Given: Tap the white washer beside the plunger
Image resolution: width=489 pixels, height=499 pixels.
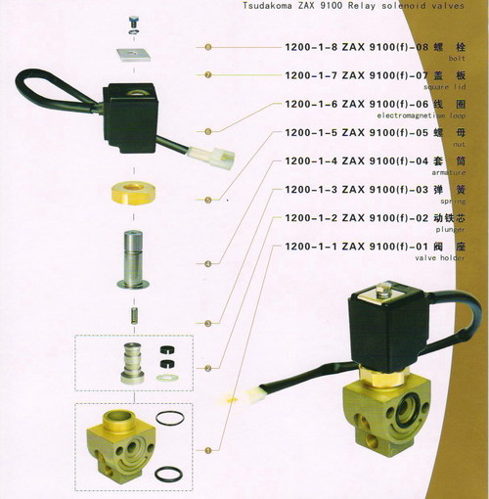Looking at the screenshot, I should (167, 371).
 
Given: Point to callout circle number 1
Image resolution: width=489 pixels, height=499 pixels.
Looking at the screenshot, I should (206, 449).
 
